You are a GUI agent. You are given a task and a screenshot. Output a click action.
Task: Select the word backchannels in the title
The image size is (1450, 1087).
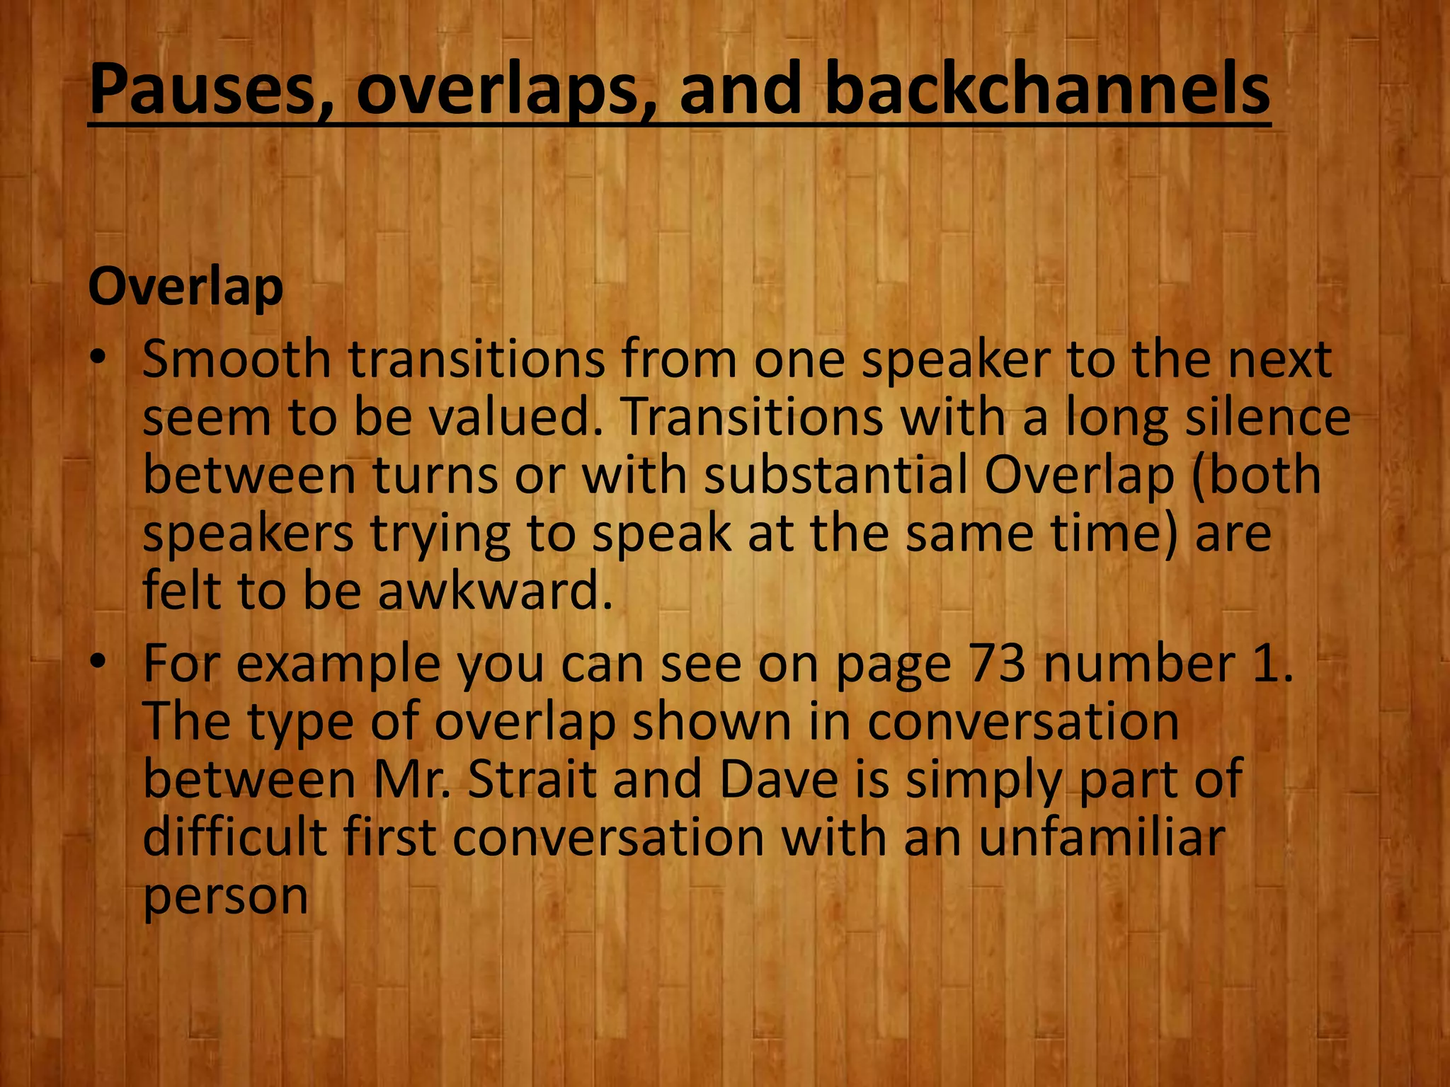coord(1048,90)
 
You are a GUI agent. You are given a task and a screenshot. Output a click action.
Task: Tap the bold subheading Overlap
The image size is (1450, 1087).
coord(185,288)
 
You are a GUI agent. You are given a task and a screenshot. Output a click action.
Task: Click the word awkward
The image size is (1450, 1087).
coord(493,591)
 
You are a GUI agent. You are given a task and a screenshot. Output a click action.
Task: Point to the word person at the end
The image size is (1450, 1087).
coord(225,897)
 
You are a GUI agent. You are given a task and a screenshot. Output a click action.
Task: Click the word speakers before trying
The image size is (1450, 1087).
coord(248,534)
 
